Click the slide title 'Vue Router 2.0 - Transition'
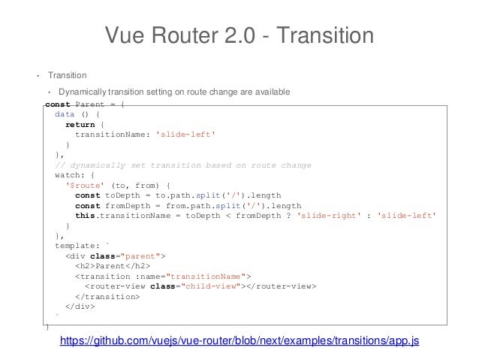click(x=239, y=35)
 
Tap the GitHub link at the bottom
click(x=239, y=341)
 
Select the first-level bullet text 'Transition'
click(x=68, y=75)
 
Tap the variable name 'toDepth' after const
click(x=121, y=195)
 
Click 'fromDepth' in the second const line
click(x=126, y=206)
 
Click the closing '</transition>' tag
click(x=107, y=296)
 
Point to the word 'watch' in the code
click(x=68, y=175)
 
